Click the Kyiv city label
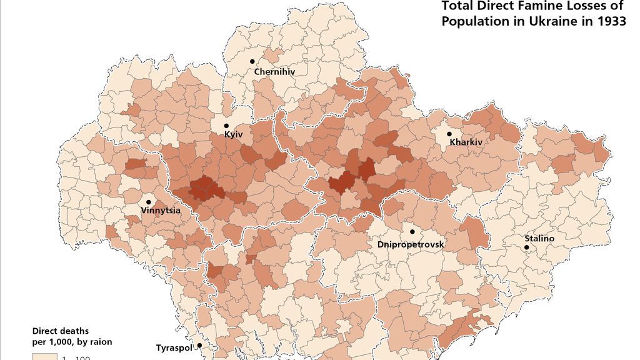point(233,134)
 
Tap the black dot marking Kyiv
point(226,126)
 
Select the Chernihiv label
point(274,72)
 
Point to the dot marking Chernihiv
point(252,61)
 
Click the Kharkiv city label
point(466,142)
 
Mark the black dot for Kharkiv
point(449,134)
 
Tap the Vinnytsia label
point(161,210)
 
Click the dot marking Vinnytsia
point(149,202)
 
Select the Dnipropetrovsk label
point(411,244)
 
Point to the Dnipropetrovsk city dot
point(412,232)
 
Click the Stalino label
point(539,238)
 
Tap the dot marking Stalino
point(526,247)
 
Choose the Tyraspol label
point(173,347)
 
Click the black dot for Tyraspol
point(199,345)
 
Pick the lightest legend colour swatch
point(44,357)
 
